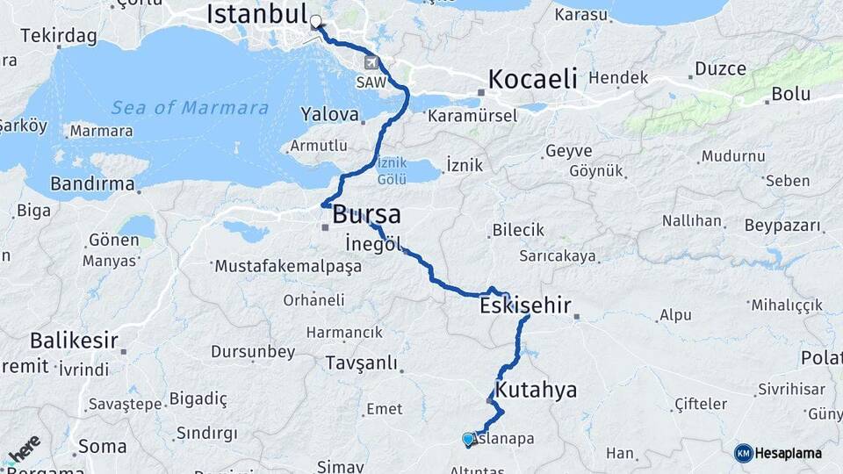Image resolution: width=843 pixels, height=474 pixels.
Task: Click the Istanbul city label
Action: click(256, 14)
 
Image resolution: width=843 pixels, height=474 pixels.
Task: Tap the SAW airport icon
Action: click(372, 63)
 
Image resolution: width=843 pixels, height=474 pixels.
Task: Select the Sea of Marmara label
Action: click(190, 108)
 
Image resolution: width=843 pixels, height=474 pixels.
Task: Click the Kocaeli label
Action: click(533, 78)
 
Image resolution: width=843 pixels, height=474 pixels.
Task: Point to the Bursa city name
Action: click(366, 214)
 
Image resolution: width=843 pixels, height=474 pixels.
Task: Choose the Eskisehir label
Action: click(525, 306)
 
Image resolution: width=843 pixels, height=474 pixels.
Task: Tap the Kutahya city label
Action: click(537, 390)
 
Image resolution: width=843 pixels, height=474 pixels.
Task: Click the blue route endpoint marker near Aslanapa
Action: click(468, 439)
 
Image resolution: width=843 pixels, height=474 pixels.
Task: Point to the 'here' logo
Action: click(24, 450)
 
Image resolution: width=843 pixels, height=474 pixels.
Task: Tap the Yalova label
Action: click(330, 115)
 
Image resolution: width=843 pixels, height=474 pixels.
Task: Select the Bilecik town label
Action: click(518, 230)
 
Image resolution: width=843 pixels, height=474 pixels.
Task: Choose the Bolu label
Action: click(790, 93)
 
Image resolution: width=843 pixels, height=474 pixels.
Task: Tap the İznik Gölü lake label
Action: click(391, 171)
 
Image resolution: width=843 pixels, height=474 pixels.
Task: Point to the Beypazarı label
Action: click(782, 225)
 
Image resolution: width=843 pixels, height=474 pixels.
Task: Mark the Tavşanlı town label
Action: click(361, 363)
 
